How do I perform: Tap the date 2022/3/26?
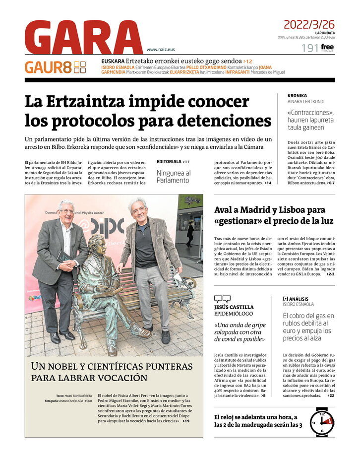pos(308,25)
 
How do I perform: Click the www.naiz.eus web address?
pos(161,50)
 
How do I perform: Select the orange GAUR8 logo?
pos(55,67)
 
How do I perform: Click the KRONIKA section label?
pos(297,96)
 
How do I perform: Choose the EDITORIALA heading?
pos(170,162)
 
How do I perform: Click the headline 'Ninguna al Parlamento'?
pos(174,177)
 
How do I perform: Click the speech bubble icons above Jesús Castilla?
pos(222,299)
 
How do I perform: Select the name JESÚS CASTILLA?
pos(234,307)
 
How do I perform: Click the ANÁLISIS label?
pos(298,299)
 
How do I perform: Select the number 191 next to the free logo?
pos(309,48)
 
